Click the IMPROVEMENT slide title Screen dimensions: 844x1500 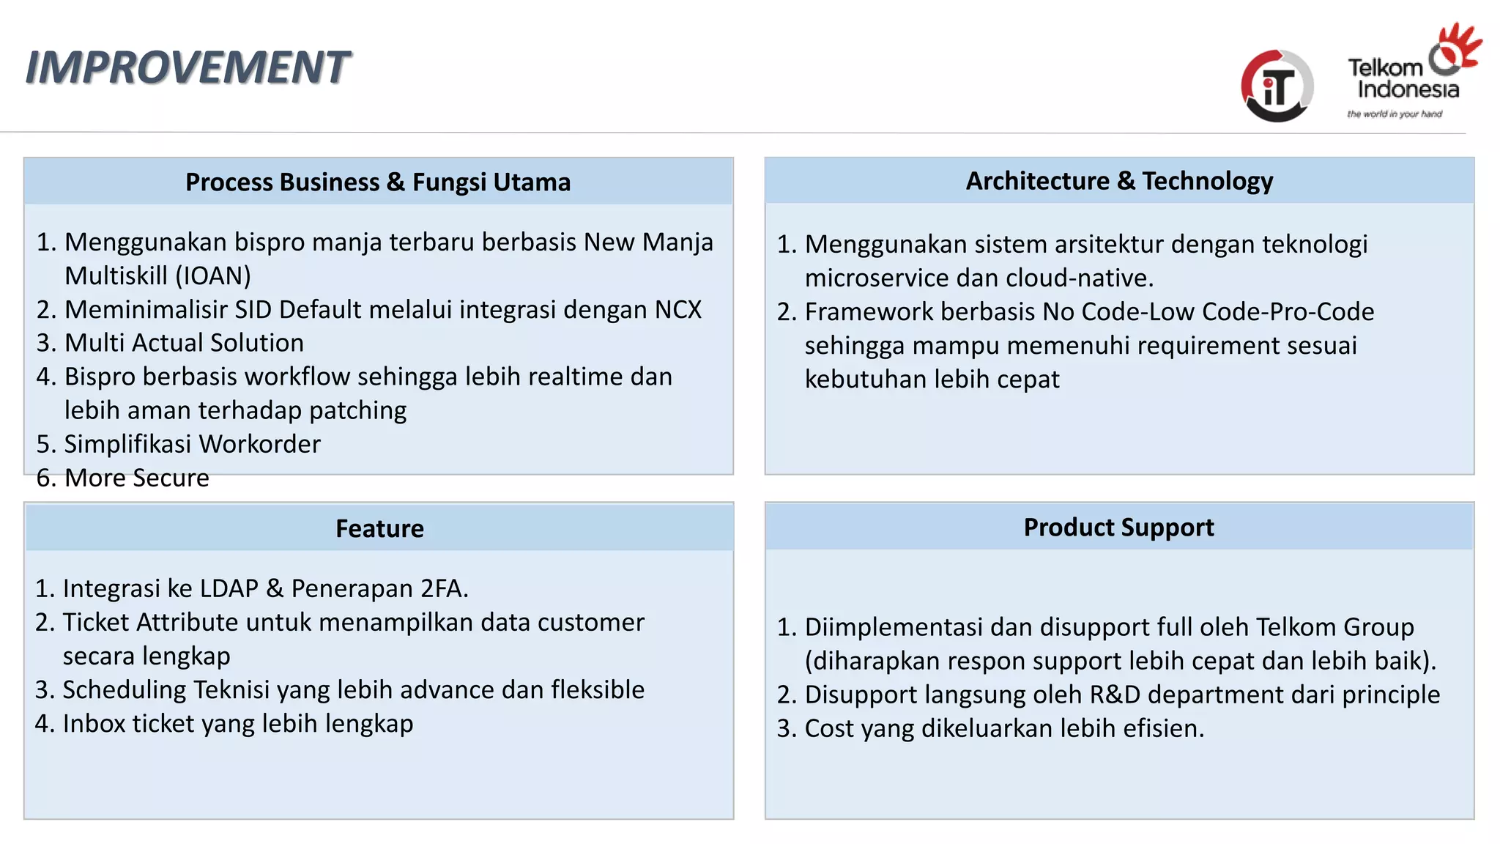tap(187, 67)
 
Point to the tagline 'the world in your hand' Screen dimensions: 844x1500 tap(1395, 114)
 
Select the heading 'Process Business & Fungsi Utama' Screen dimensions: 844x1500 tap(378, 182)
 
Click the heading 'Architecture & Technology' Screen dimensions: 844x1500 tap(1119, 181)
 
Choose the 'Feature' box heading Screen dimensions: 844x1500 tap(379, 528)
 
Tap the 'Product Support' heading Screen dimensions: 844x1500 tap(1118, 527)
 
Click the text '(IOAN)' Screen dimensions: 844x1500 tap(213, 276)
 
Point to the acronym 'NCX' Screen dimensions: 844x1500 tap(678, 310)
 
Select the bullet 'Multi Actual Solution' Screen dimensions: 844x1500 tap(184, 343)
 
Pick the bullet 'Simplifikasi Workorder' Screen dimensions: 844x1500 tap(192, 444)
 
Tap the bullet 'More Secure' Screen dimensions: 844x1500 tap(137, 478)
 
